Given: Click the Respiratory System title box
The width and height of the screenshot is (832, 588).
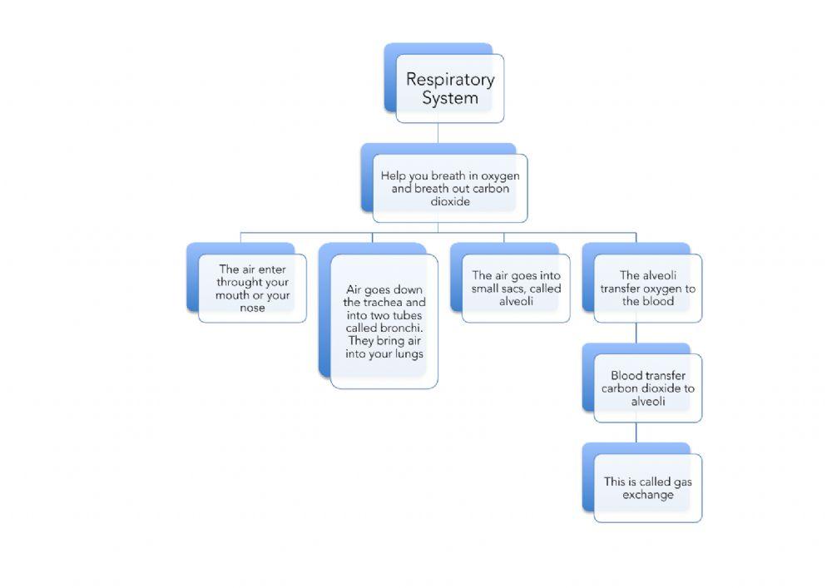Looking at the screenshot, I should point(449,88).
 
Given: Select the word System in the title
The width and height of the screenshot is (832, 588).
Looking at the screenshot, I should point(449,98).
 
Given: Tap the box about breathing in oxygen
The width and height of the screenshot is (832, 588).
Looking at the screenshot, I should point(449,188).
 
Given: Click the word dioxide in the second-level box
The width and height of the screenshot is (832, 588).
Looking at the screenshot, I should point(450,201).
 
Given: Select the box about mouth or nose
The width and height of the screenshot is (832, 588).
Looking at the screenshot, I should point(252,288).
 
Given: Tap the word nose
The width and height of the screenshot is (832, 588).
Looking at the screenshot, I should point(252,308).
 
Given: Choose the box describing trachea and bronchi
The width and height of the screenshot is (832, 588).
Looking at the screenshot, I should point(384,321).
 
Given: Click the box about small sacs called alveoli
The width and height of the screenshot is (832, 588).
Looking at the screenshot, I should point(516,288).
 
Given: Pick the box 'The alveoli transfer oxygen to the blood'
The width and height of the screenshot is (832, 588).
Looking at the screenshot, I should point(647,288).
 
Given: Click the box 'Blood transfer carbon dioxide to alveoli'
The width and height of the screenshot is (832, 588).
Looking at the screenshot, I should point(647,388).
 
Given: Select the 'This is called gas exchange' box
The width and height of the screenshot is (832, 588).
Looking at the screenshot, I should point(647,487).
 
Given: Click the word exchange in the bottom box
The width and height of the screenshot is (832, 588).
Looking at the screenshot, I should point(647,495).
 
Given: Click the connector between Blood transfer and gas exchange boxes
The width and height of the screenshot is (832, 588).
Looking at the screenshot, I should point(636,432).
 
